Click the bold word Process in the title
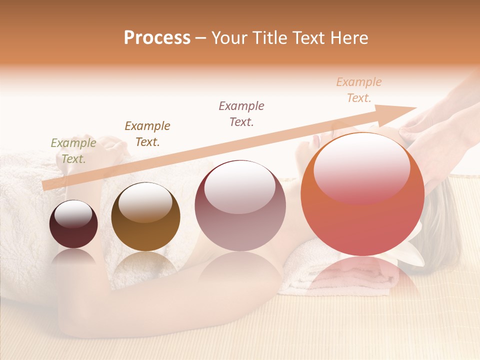(x=157, y=38)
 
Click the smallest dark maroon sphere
(x=73, y=224)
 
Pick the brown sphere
(x=145, y=217)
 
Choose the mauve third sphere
(x=240, y=206)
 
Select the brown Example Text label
(x=147, y=134)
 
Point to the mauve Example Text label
(x=241, y=113)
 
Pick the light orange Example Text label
(x=359, y=90)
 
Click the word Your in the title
(x=229, y=38)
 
